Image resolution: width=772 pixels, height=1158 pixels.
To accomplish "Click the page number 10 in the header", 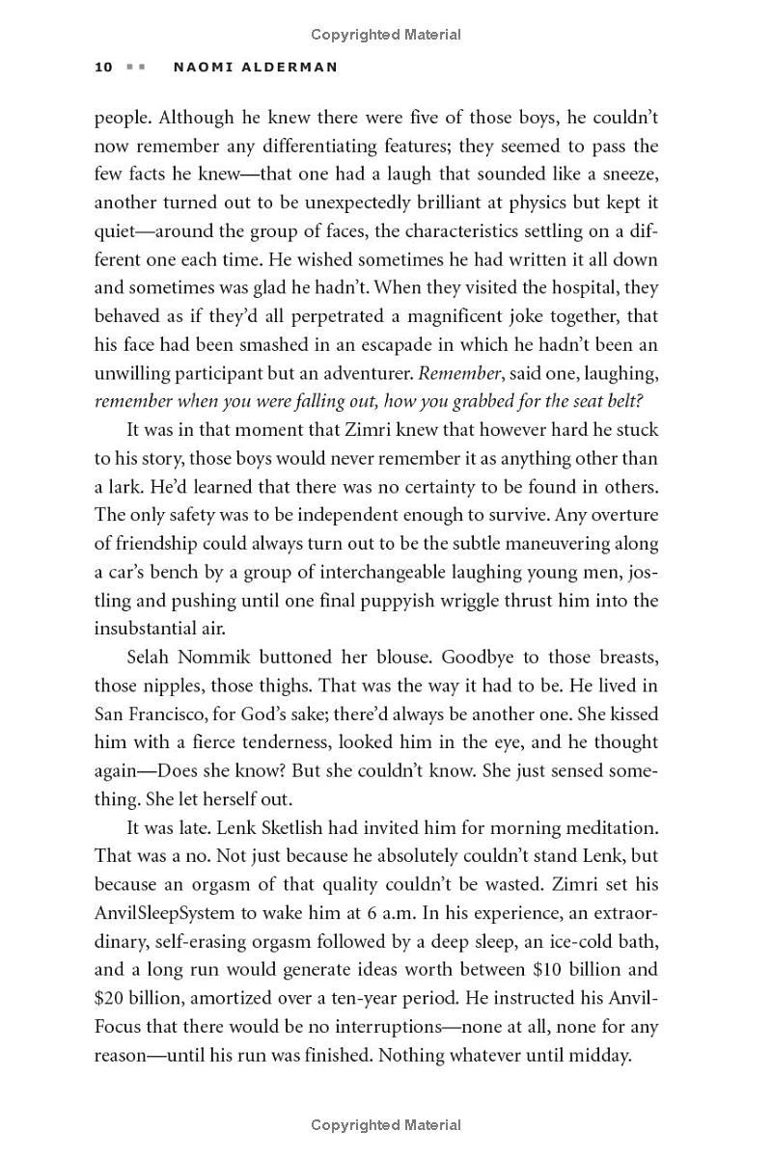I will pos(104,67).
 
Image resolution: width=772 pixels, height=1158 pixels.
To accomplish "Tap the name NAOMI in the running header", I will pos(201,67).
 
